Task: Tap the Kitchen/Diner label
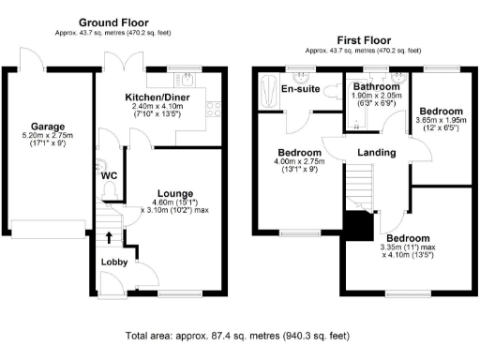click(x=159, y=97)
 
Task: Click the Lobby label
click(x=114, y=262)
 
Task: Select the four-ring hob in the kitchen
click(x=213, y=108)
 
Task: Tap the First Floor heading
click(x=362, y=40)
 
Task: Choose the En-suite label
click(x=300, y=89)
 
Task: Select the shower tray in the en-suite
click(x=263, y=94)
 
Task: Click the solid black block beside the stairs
click(x=357, y=226)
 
